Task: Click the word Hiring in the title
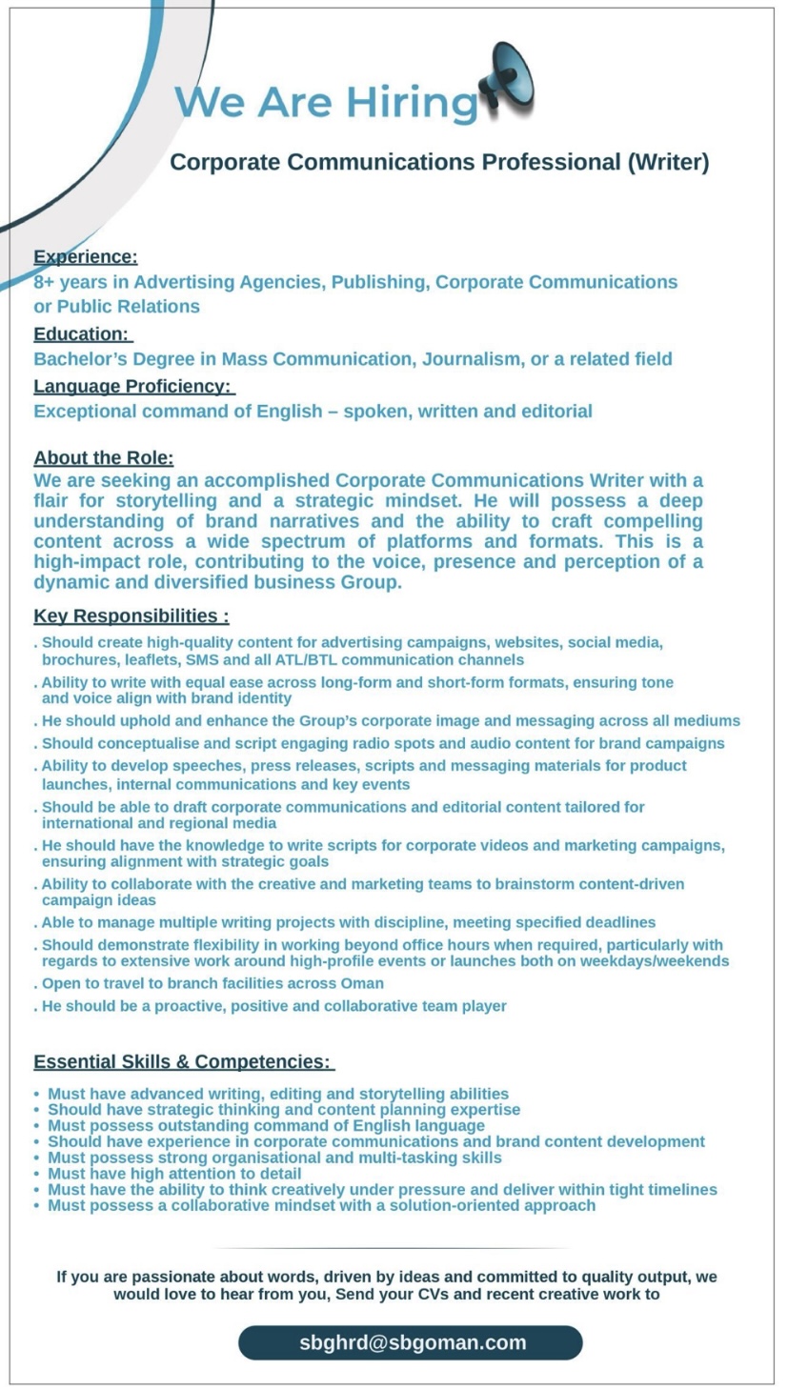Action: click(411, 102)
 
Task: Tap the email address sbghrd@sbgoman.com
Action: click(413, 1342)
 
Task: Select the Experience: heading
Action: click(86, 256)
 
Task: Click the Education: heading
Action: click(81, 333)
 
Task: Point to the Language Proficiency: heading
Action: click(132, 386)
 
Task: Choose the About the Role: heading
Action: click(104, 458)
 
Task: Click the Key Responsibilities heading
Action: click(131, 615)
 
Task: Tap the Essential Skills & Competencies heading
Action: click(182, 1061)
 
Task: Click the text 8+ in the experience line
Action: click(44, 282)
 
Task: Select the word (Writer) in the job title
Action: click(667, 162)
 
